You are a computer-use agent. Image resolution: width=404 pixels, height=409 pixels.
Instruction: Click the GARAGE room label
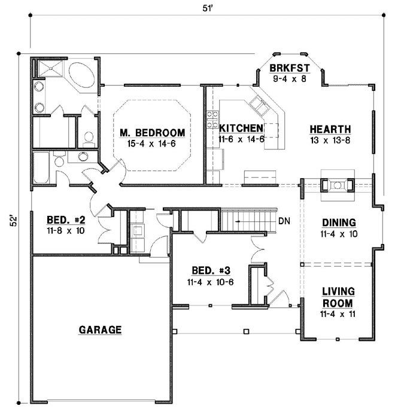pos(100,329)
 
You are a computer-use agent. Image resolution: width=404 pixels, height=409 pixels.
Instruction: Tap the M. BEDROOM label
pos(151,132)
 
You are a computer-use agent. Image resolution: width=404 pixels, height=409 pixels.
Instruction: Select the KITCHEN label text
pos(241,128)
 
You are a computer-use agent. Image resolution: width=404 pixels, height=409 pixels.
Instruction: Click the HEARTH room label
pos(330,129)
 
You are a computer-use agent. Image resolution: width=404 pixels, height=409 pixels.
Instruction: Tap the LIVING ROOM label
pos(338,297)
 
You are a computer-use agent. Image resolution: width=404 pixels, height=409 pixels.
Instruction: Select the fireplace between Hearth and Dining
pos(338,185)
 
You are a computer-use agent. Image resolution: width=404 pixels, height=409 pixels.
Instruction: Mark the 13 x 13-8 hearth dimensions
pos(330,140)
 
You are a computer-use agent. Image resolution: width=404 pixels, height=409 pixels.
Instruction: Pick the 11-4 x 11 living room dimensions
pos(338,313)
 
